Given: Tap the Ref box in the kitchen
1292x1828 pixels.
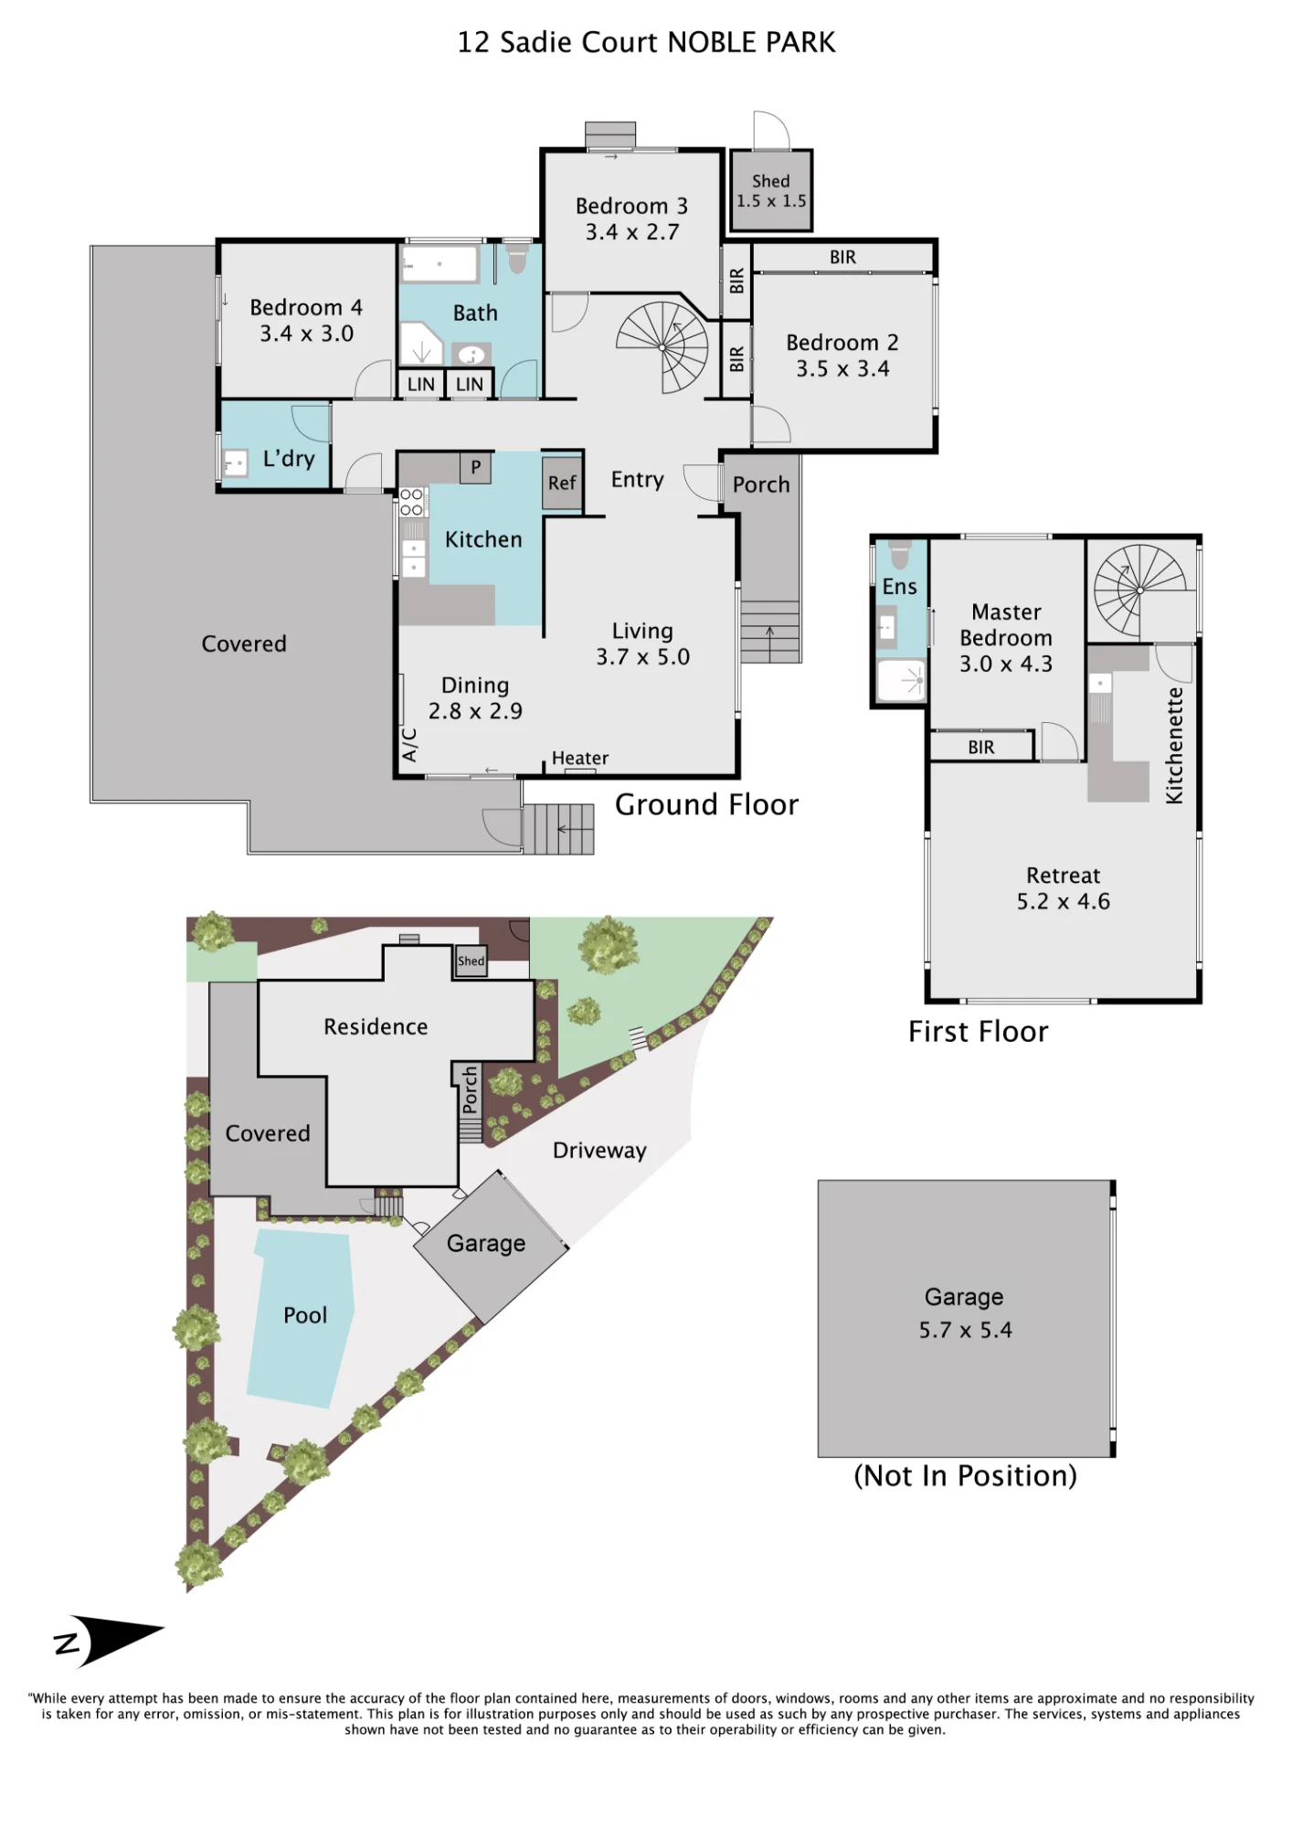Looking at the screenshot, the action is [x=562, y=483].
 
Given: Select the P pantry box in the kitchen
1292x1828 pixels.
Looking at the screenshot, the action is [x=475, y=467].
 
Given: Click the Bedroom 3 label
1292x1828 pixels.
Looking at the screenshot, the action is [x=631, y=206].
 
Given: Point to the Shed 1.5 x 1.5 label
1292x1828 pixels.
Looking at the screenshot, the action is [x=771, y=191].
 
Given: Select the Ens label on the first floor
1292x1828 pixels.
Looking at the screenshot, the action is [x=899, y=587].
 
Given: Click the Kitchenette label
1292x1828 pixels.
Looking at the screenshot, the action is [x=1174, y=746].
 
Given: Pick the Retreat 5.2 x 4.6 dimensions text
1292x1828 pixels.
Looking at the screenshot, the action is [x=1064, y=901].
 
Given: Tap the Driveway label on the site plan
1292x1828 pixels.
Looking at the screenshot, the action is [x=599, y=1150].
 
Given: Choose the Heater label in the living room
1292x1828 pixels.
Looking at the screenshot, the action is [x=580, y=758].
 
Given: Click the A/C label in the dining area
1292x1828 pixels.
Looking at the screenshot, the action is [x=410, y=745].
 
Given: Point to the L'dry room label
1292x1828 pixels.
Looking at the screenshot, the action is [x=289, y=458].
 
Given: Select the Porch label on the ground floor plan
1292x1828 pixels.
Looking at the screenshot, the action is [x=761, y=484].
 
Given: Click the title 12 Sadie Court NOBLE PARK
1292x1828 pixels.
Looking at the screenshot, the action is [x=646, y=42].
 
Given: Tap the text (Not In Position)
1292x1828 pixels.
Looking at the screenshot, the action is [x=965, y=1476].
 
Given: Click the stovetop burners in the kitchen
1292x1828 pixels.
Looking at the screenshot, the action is [x=411, y=502].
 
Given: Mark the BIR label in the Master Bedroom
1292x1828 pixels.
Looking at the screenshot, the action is [x=981, y=747].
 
